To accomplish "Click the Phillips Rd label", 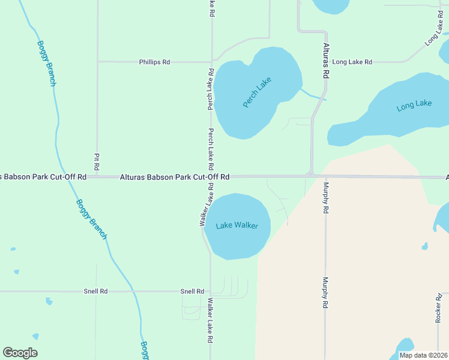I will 154,62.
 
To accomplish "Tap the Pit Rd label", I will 96,161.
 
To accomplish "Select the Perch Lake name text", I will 257,92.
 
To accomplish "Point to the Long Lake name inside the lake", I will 414,106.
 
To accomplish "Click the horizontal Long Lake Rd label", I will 352,62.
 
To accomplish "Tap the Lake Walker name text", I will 237,226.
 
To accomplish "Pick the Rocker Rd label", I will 438,308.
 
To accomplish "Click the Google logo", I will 20,353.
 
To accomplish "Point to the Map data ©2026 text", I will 423,355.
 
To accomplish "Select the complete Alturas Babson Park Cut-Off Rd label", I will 175,177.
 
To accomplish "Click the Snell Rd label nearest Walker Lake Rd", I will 192,292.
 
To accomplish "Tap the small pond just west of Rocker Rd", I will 425,246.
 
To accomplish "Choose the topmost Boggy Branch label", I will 46,63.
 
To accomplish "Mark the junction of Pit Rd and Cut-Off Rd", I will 97,177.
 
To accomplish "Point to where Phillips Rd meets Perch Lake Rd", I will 211,61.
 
